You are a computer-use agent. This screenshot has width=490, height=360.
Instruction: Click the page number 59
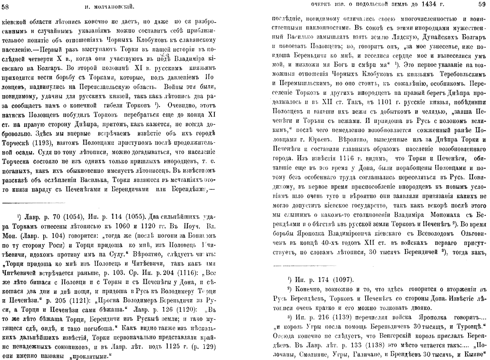click(x=482, y=5)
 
